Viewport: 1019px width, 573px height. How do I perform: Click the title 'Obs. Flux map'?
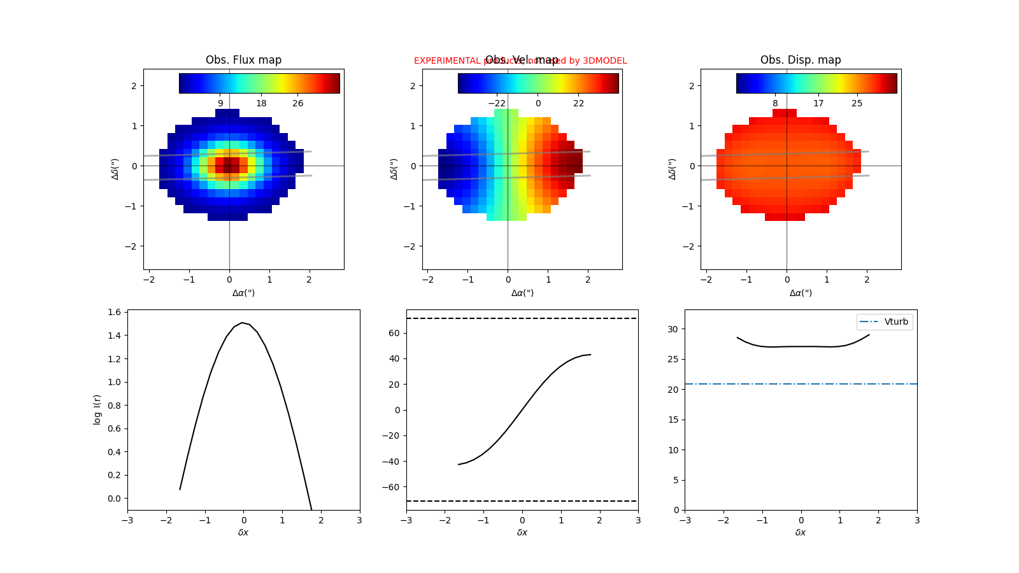243,60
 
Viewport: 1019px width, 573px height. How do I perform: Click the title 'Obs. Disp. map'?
801,60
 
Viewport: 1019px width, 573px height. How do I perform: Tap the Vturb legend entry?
885,322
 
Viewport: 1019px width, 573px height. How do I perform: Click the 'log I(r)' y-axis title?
97,409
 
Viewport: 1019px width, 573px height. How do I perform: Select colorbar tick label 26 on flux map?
297,103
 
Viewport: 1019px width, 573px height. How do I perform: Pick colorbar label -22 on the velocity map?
497,103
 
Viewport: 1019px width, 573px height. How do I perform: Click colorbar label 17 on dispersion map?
818,103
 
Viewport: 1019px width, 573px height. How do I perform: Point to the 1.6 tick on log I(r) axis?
114,312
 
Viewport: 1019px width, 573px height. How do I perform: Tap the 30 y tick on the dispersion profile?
673,329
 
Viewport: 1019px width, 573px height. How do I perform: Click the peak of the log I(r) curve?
243,323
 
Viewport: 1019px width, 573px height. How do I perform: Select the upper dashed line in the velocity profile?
522,318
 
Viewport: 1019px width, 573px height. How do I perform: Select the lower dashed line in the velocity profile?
522,501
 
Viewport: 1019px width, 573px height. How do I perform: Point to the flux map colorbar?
259,83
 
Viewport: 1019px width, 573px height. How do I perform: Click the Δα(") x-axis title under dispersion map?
801,293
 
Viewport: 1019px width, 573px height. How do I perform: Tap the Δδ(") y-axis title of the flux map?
115,169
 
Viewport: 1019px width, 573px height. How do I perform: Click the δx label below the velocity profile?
522,532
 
